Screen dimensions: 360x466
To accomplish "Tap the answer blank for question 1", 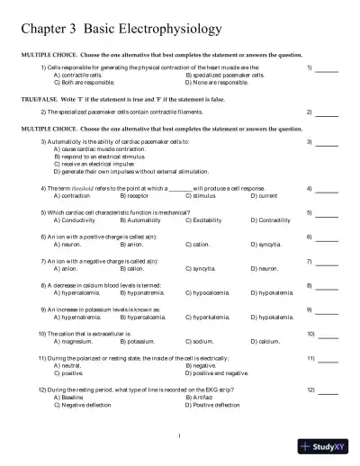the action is tap(327, 68).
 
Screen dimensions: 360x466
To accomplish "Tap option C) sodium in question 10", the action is tap(202, 341).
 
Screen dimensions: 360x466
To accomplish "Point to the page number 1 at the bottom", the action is tap(180, 437).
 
